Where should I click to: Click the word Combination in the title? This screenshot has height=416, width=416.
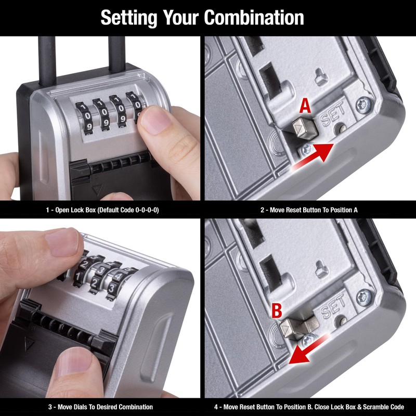(x=254, y=17)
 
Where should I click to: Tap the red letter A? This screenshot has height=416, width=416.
(x=306, y=106)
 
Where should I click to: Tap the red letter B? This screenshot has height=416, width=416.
(x=277, y=311)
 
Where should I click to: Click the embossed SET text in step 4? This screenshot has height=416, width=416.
(x=333, y=311)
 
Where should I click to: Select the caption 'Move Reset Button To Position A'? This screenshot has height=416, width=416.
(x=309, y=210)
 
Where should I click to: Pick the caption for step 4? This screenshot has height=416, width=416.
(x=309, y=407)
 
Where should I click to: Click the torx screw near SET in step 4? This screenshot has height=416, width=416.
(x=363, y=298)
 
